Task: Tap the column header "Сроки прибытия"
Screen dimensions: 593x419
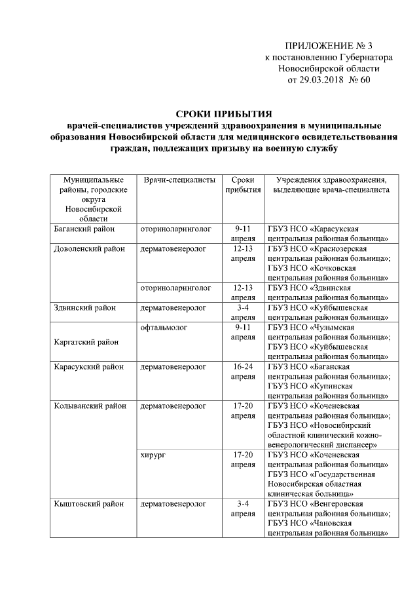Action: (x=243, y=185)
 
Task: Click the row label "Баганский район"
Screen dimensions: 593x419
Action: (x=84, y=229)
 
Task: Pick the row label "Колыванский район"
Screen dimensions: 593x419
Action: (x=90, y=406)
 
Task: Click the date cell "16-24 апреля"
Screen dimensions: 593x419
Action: (x=243, y=372)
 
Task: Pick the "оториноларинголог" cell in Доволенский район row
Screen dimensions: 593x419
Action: (x=175, y=287)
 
